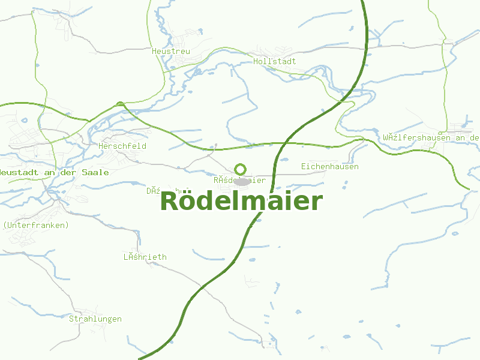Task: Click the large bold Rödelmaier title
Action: [x=241, y=201]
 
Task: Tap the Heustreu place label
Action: [x=171, y=52]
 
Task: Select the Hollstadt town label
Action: [x=275, y=61]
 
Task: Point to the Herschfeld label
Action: [x=122, y=146]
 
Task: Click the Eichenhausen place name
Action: [x=329, y=166]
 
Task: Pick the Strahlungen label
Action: [x=95, y=319]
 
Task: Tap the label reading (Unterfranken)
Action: [x=36, y=225]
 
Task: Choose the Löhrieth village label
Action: [x=145, y=257]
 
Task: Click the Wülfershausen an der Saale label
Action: [x=431, y=137]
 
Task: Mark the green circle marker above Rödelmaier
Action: [x=241, y=169]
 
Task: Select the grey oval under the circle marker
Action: [x=242, y=181]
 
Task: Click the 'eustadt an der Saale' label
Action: [x=54, y=172]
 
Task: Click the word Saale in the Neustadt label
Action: [x=97, y=172]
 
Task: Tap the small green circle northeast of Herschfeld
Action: [x=121, y=104]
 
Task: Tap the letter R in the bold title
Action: [x=170, y=201]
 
